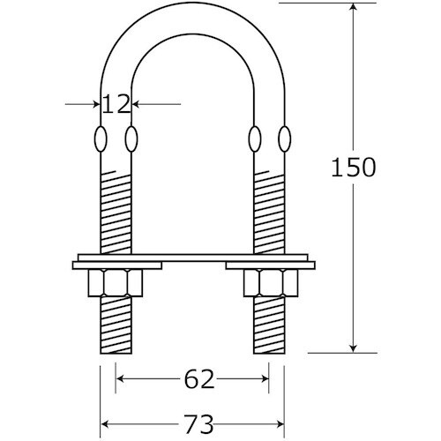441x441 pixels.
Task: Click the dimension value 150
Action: [x=354, y=167]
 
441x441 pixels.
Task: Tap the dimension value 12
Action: [x=116, y=104]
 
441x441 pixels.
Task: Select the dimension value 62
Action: [x=199, y=379]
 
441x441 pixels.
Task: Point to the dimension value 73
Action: [x=198, y=424]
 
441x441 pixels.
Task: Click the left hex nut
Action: [x=116, y=283]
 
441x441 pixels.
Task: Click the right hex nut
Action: [x=271, y=283]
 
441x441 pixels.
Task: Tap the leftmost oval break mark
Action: [x=101, y=138]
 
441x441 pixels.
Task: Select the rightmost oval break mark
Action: [x=284, y=138]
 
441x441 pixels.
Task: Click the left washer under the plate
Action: [x=117, y=265]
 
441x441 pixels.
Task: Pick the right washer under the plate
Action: [x=271, y=265]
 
